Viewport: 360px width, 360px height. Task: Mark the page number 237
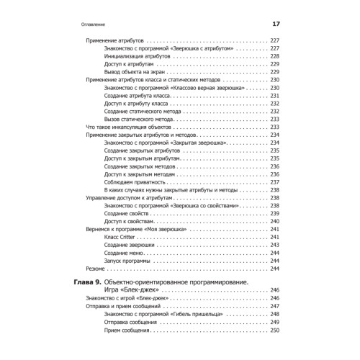[274, 181]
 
